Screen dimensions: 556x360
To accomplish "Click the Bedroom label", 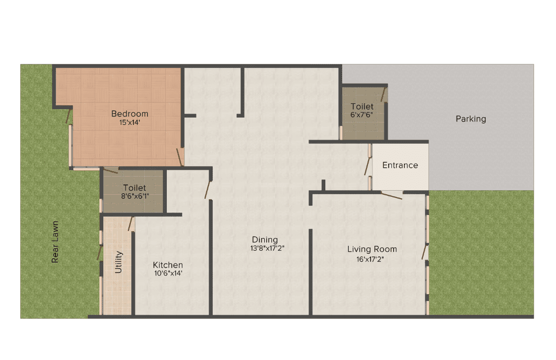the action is [130, 114].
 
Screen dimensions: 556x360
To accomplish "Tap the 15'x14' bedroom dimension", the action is [130, 122].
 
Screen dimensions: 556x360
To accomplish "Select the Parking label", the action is [471, 119].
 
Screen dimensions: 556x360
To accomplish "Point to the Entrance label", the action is [400, 165].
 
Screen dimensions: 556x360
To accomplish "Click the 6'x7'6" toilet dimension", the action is [361, 115].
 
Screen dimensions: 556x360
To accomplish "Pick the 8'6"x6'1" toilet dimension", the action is [135, 196].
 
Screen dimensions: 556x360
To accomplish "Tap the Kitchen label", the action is [168, 265].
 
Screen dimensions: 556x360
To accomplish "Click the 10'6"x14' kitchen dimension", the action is [168, 273].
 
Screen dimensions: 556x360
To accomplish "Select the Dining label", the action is [265, 240].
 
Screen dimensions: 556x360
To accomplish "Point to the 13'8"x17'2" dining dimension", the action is [267, 248].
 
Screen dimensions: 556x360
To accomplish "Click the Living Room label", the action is [372, 249].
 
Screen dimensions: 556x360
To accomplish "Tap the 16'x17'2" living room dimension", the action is [370, 259].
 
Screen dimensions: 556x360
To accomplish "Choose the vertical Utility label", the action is [119, 262].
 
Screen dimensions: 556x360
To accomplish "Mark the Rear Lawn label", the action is [55, 242].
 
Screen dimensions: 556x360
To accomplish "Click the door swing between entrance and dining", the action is [368, 166].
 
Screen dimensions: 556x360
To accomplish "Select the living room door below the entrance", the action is [392, 196].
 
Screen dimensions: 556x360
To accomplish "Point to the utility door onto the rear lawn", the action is [100, 253].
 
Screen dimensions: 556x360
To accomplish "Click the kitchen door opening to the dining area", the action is [208, 190].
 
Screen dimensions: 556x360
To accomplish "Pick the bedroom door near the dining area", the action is [180, 157].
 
